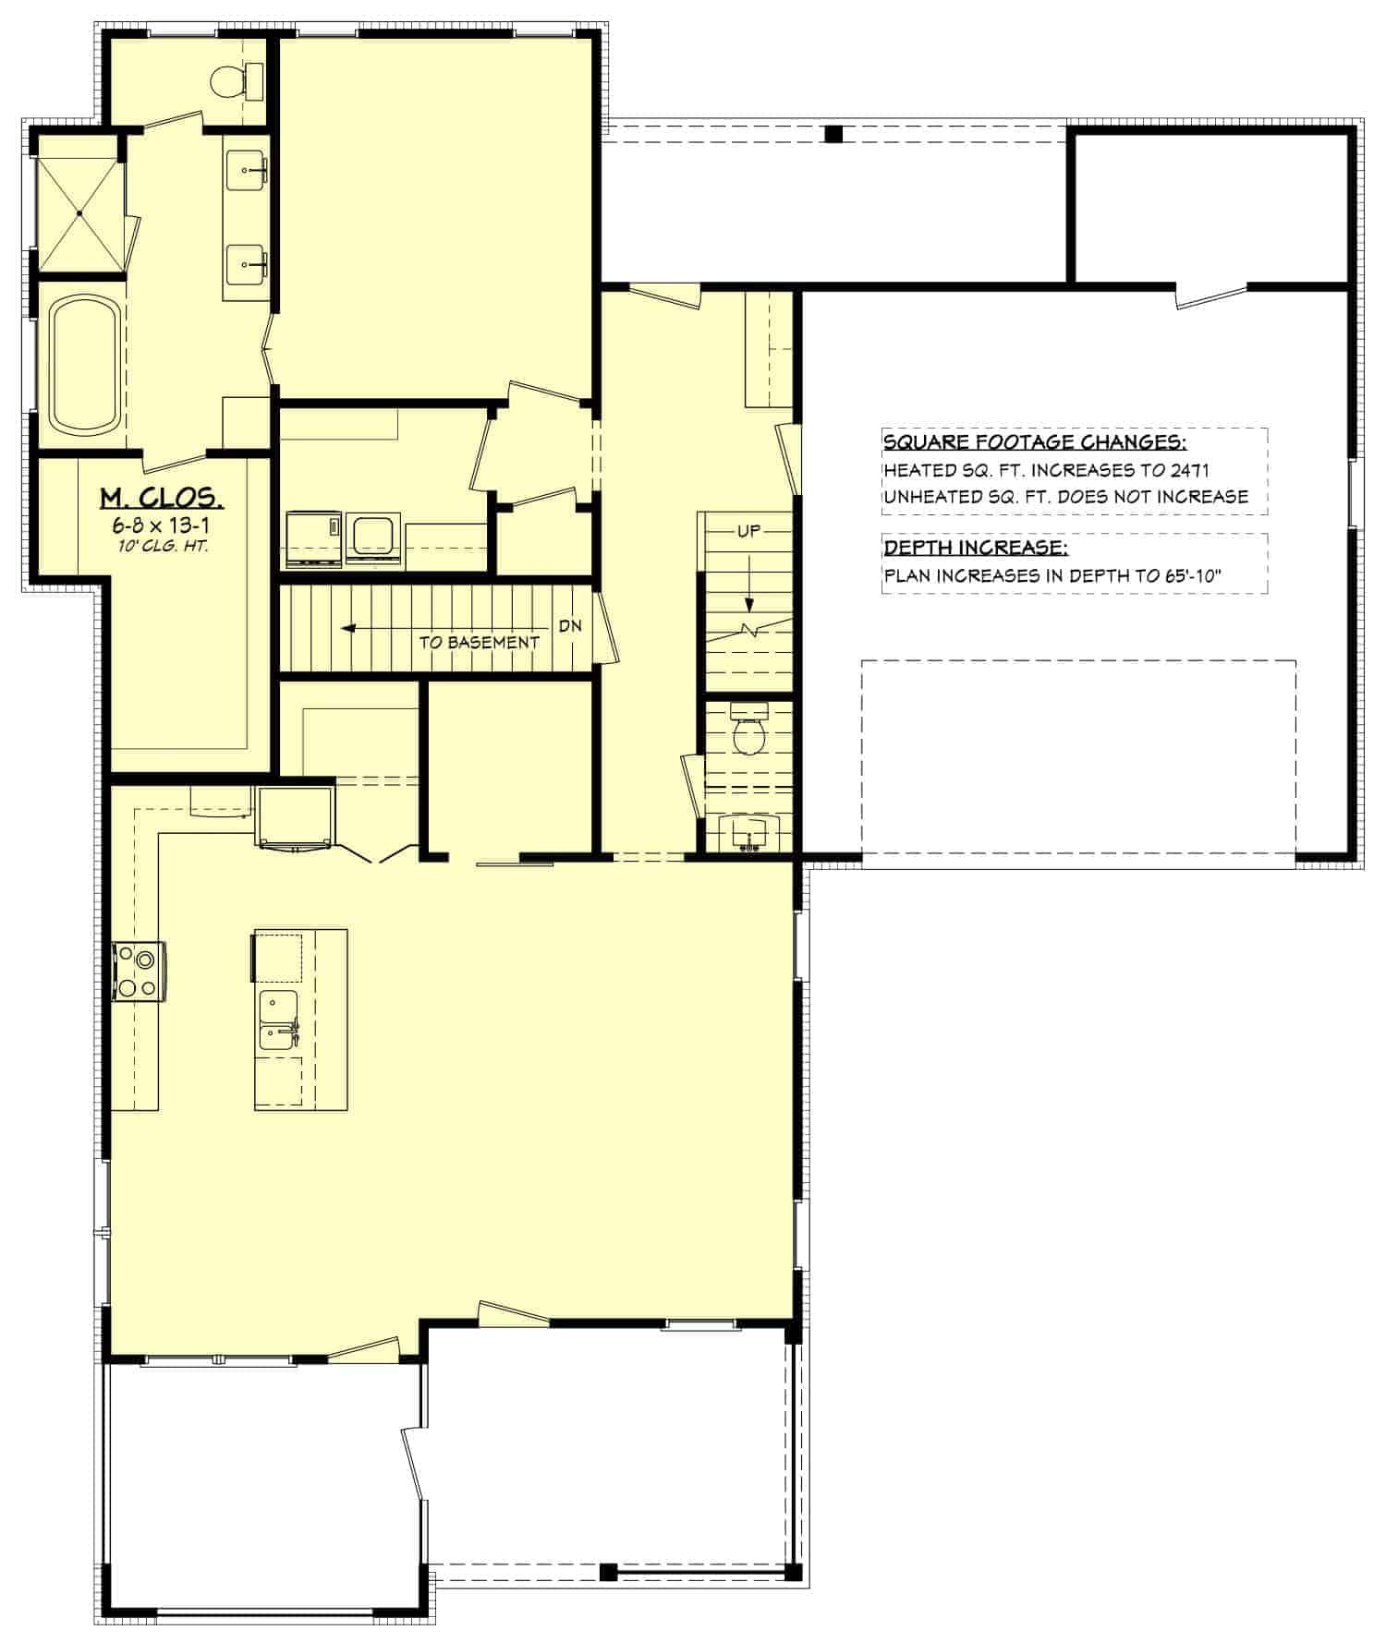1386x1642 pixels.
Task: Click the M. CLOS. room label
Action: pyautogui.click(x=161, y=499)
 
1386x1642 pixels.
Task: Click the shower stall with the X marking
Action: pyautogui.click(x=79, y=214)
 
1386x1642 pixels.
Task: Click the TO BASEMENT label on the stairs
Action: pyautogui.click(x=479, y=642)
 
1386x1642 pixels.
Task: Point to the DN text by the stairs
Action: pyautogui.click(x=570, y=625)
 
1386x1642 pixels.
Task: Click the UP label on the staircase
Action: pyautogui.click(x=748, y=532)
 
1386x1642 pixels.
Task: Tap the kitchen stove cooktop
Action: pyautogui.click(x=140, y=972)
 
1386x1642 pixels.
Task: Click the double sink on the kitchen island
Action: pyautogui.click(x=277, y=1020)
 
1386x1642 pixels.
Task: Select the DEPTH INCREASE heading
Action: pyautogui.click(x=976, y=548)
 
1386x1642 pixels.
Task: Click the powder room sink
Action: pyautogui.click(x=748, y=832)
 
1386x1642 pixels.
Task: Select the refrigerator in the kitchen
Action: pyautogui.click(x=296, y=815)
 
